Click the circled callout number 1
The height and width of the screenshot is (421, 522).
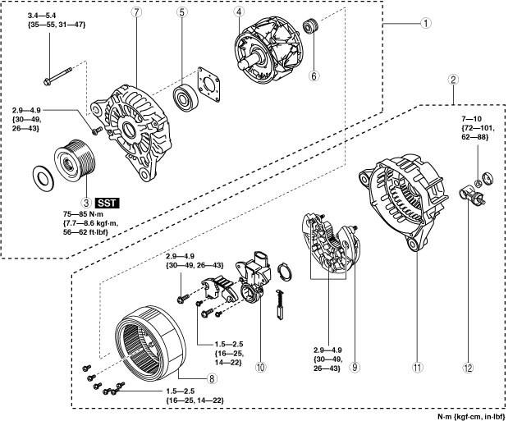click(426, 23)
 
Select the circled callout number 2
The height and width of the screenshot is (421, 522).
click(453, 80)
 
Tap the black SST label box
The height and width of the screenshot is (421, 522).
click(108, 203)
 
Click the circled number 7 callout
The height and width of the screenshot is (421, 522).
click(136, 12)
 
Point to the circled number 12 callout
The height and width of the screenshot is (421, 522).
click(468, 368)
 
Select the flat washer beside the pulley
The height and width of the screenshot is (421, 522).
click(43, 178)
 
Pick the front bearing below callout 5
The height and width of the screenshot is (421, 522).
click(185, 98)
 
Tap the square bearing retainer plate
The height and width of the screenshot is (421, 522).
click(209, 85)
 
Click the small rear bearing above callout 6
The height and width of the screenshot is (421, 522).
click(311, 27)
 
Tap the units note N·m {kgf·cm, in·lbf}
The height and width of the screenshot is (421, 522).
click(471, 416)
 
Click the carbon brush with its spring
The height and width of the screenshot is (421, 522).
click(279, 305)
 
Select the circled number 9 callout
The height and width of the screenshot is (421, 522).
click(355, 367)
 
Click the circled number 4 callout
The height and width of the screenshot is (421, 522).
click(239, 12)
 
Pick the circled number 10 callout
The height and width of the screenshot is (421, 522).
click(261, 367)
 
